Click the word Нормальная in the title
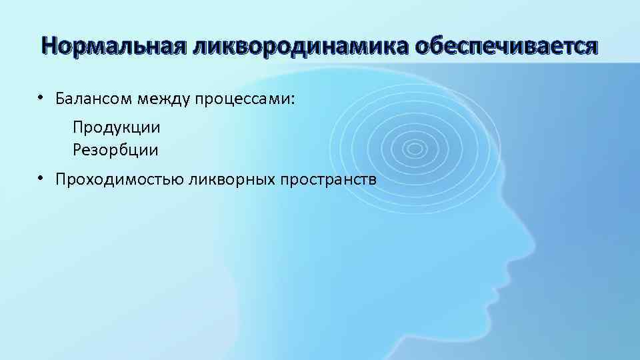pos(113,46)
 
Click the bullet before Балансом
pos(41,97)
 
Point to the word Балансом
pos(93,99)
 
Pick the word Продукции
pos(117,127)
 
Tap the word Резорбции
pos(116,149)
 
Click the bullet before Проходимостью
pos(41,177)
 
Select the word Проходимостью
pos(120,180)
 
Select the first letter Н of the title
pos(47,46)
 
